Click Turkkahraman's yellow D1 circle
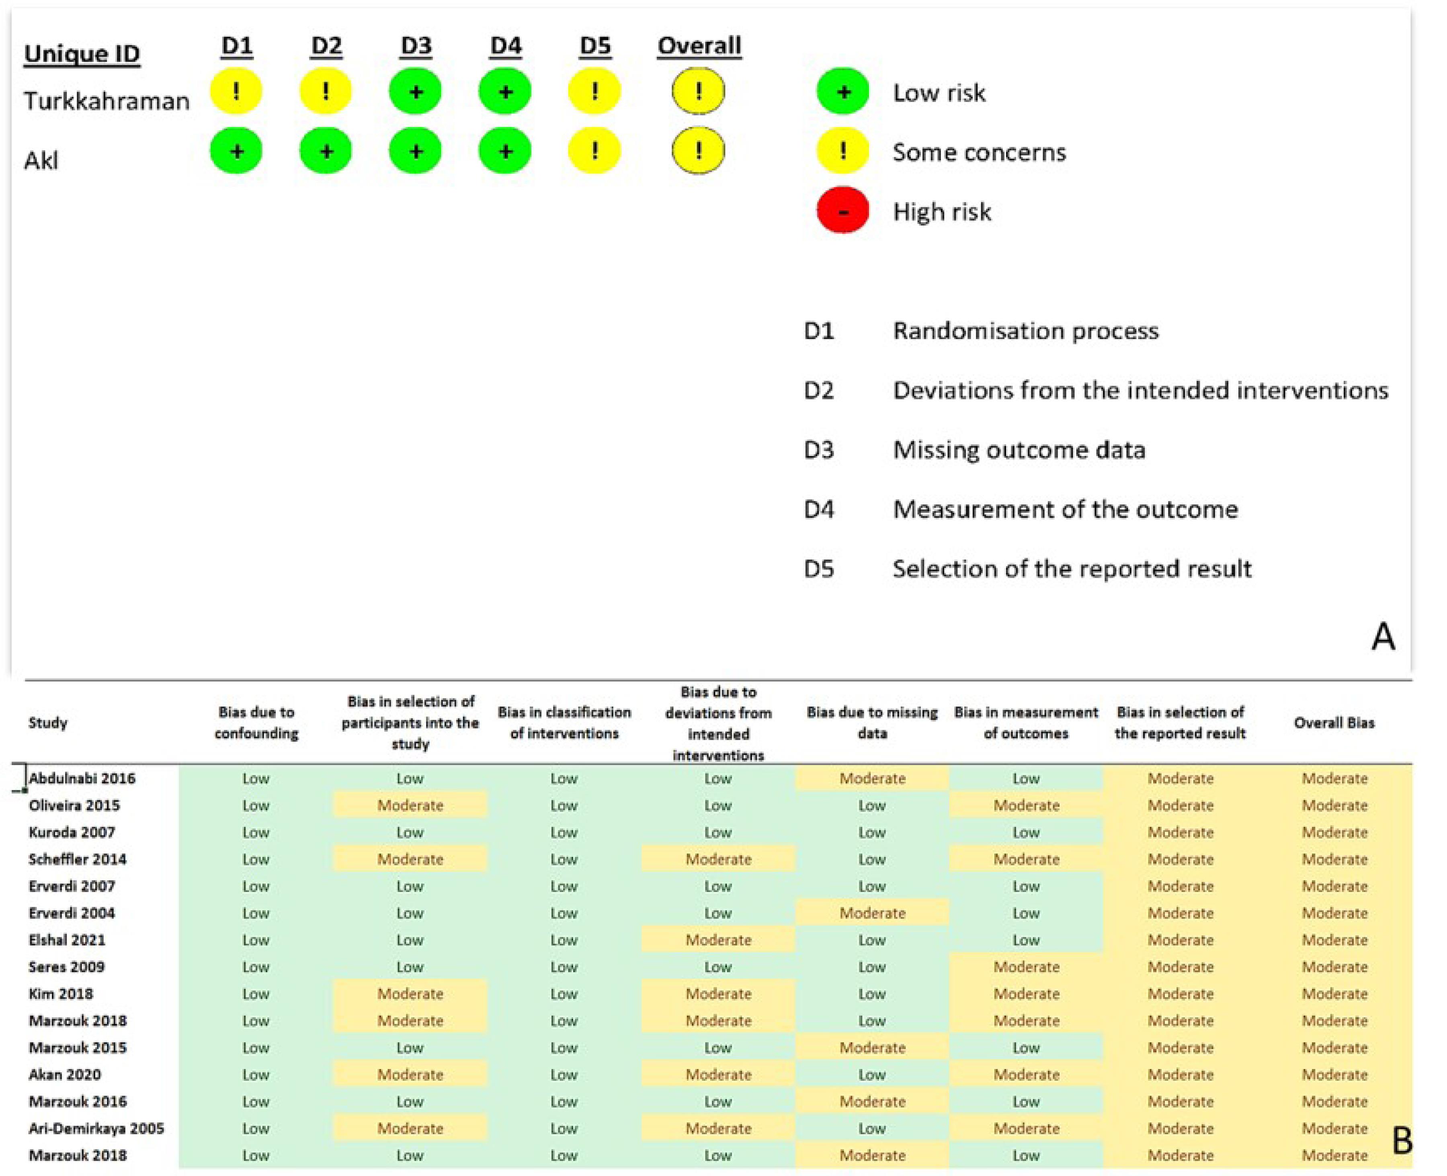pos(236,92)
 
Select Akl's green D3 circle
pos(416,150)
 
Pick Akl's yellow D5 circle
pos(594,150)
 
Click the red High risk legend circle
pos(842,211)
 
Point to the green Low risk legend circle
pos(842,92)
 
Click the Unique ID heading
pos(82,53)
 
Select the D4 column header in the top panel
pos(506,46)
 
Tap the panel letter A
pos(1383,637)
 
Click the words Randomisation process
pos(1025,331)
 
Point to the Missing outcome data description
pos(1019,450)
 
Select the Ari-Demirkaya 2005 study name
pos(96,1129)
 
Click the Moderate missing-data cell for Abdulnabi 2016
pos(872,778)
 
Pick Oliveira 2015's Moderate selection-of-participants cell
pos(410,806)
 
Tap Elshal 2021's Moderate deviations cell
pos(718,940)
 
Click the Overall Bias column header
pos(1334,723)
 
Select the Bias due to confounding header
pos(256,723)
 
